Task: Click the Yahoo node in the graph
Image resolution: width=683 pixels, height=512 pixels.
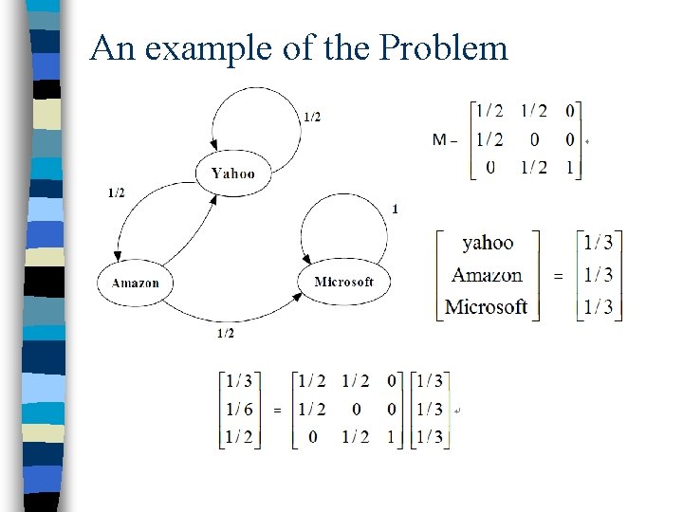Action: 232,173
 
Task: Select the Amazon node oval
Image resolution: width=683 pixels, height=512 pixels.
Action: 136,283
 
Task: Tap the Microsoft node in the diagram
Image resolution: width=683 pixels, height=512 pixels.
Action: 343,282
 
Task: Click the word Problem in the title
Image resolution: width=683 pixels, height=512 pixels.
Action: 445,47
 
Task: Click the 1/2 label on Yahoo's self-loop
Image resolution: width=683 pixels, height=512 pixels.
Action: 312,117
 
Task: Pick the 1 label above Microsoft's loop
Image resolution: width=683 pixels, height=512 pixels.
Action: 395,209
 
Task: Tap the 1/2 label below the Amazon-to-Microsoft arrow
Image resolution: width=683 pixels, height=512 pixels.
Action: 226,333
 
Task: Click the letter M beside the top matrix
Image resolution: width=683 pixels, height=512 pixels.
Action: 440,140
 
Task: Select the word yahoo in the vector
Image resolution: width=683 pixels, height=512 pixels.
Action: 488,244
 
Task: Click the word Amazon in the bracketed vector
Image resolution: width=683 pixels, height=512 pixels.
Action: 487,275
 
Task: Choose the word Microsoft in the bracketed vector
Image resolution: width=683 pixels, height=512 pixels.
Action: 486,306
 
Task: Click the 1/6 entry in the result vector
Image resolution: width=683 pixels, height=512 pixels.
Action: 238,409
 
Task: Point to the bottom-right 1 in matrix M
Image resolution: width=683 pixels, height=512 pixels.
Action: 569,167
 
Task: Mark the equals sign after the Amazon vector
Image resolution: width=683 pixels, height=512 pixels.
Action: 558,276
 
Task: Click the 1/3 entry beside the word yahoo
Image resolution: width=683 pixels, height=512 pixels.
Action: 599,244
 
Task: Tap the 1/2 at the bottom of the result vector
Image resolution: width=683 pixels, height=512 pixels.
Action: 238,437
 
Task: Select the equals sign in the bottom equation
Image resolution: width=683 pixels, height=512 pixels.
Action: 277,410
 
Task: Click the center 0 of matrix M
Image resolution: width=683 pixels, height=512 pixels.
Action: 535,140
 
